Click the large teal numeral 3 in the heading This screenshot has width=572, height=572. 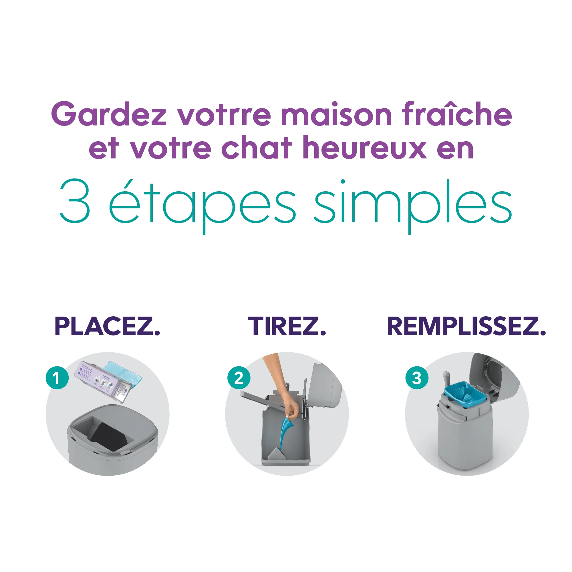pos(75,201)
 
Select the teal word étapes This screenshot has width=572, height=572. pos(202,204)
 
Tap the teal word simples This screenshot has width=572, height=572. pos(413,204)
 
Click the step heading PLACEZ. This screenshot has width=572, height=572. pos(107,326)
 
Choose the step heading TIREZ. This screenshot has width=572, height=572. pos(287,326)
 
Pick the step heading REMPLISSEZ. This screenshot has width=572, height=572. pos(466,326)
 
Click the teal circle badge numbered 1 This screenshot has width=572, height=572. pos(57,378)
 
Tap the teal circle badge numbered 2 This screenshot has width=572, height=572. pos(239,378)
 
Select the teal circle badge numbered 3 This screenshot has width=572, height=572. pos(417,378)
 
